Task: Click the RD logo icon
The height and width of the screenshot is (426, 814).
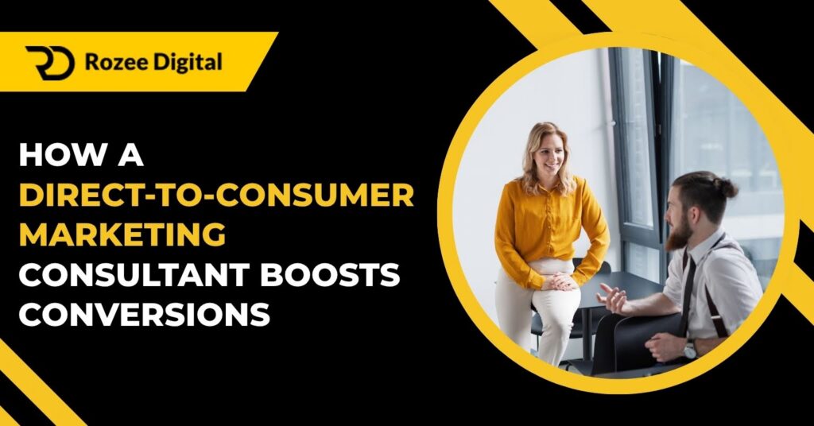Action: pyautogui.click(x=49, y=63)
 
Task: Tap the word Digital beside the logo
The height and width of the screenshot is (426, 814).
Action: pyautogui.click(x=191, y=63)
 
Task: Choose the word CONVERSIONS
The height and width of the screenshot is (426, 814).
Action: pyautogui.click(x=144, y=314)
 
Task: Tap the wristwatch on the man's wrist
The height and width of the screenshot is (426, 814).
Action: pyautogui.click(x=688, y=348)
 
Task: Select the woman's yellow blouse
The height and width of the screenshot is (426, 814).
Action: pyautogui.click(x=548, y=227)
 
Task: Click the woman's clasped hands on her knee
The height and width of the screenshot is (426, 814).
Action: pyautogui.click(x=561, y=282)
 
